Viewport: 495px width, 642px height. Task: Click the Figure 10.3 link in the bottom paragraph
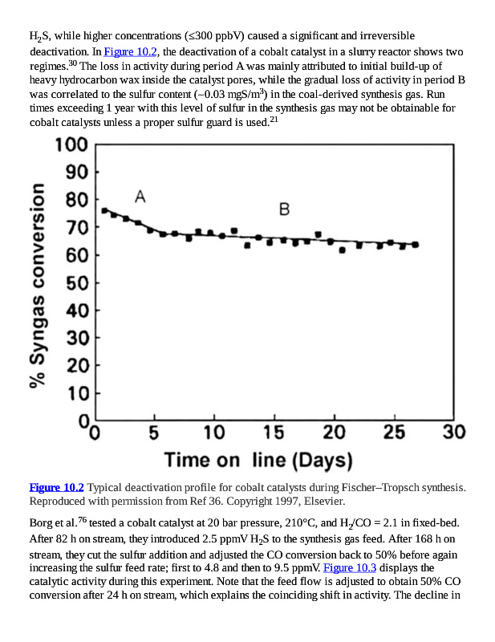350,567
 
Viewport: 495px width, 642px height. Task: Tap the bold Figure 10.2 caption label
56,487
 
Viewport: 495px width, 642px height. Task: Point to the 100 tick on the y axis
71,145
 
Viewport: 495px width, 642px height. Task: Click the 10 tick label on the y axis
77,393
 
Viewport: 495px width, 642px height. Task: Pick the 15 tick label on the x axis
274,433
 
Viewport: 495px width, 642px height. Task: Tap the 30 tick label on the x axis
453,433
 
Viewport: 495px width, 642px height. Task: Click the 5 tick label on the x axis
154,433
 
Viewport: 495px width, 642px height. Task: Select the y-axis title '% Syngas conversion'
38,285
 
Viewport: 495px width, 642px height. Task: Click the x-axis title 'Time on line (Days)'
258,460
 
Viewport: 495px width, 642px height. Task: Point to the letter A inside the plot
140,197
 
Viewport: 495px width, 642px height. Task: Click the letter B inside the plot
285,209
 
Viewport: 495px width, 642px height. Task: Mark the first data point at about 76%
105,210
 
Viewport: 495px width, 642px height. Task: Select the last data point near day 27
415,244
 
